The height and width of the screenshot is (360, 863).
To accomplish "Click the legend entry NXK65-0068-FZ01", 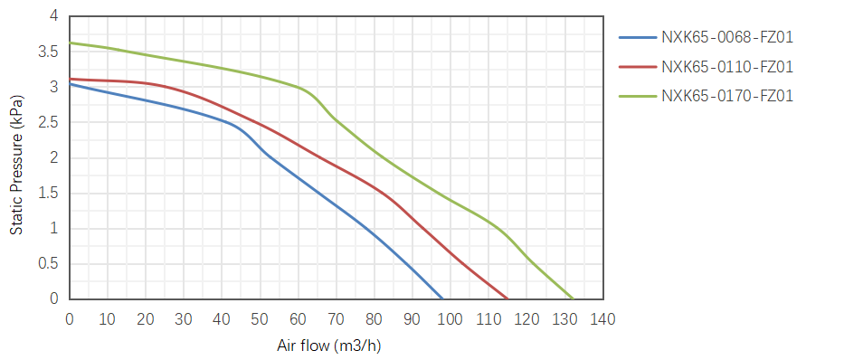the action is (x=727, y=38).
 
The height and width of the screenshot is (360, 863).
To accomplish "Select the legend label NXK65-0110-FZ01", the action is (x=727, y=67).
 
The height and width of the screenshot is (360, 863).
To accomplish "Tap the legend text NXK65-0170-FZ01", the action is (x=727, y=96).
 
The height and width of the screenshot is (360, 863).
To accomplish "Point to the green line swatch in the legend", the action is (x=638, y=96).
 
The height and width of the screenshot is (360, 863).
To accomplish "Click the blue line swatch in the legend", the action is (x=638, y=38).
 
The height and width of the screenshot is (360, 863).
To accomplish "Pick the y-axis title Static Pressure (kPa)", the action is (x=17, y=166).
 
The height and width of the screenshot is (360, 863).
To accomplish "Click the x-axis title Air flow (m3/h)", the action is (x=329, y=346).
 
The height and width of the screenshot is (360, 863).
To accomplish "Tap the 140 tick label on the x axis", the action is (x=603, y=318).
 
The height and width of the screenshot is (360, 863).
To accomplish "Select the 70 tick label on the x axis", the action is (x=337, y=318).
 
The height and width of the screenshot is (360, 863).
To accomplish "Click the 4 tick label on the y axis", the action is (x=54, y=16).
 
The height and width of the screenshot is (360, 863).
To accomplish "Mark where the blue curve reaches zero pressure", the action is (x=442, y=298).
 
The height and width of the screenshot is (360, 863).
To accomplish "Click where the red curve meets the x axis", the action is (x=507, y=298).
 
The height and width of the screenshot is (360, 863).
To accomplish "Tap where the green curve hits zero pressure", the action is (x=573, y=298).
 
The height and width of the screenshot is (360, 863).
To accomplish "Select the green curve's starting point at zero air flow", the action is (x=70, y=43).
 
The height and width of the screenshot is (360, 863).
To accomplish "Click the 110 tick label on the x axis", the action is (x=488, y=318).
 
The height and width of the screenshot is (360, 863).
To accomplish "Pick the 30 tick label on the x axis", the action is (x=184, y=318).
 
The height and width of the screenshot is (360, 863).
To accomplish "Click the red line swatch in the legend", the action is (x=638, y=67).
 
